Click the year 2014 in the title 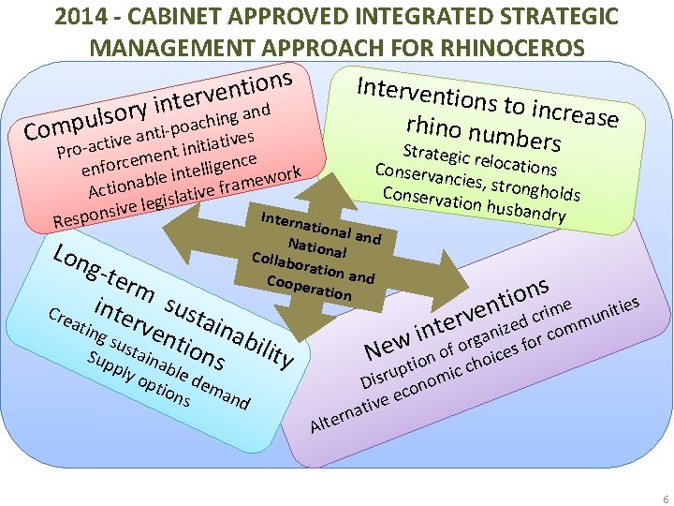(80, 18)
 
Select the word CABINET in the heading (161, 18)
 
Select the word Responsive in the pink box (95, 215)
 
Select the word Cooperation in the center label (309, 287)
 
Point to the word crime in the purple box (551, 305)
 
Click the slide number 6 (665, 499)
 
